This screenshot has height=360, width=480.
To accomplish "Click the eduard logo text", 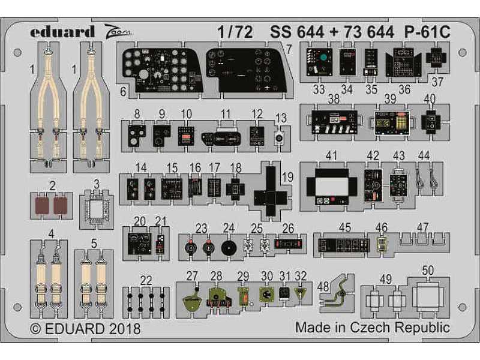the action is click(x=62, y=32).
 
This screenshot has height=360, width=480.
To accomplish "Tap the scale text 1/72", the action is click(x=235, y=32).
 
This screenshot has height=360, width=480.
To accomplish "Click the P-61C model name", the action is click(x=427, y=32).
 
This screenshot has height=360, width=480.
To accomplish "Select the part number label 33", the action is click(x=319, y=89).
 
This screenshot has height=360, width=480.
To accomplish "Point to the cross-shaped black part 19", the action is click(x=271, y=191).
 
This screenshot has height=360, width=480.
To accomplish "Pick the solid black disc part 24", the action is click(x=229, y=248).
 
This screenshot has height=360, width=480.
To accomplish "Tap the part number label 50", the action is click(x=427, y=271).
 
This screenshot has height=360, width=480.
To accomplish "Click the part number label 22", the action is click(x=146, y=280).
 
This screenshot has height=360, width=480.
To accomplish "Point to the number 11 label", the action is click(x=226, y=114).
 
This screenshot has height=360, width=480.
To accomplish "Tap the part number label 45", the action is click(x=344, y=227).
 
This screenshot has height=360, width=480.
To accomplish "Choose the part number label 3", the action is click(x=97, y=184).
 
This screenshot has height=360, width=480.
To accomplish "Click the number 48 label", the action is click(x=323, y=287).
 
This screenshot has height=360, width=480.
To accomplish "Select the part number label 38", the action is click(x=334, y=99).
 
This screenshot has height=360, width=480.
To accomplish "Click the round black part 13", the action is click(x=279, y=138).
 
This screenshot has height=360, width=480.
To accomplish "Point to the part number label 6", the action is click(x=123, y=91).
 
